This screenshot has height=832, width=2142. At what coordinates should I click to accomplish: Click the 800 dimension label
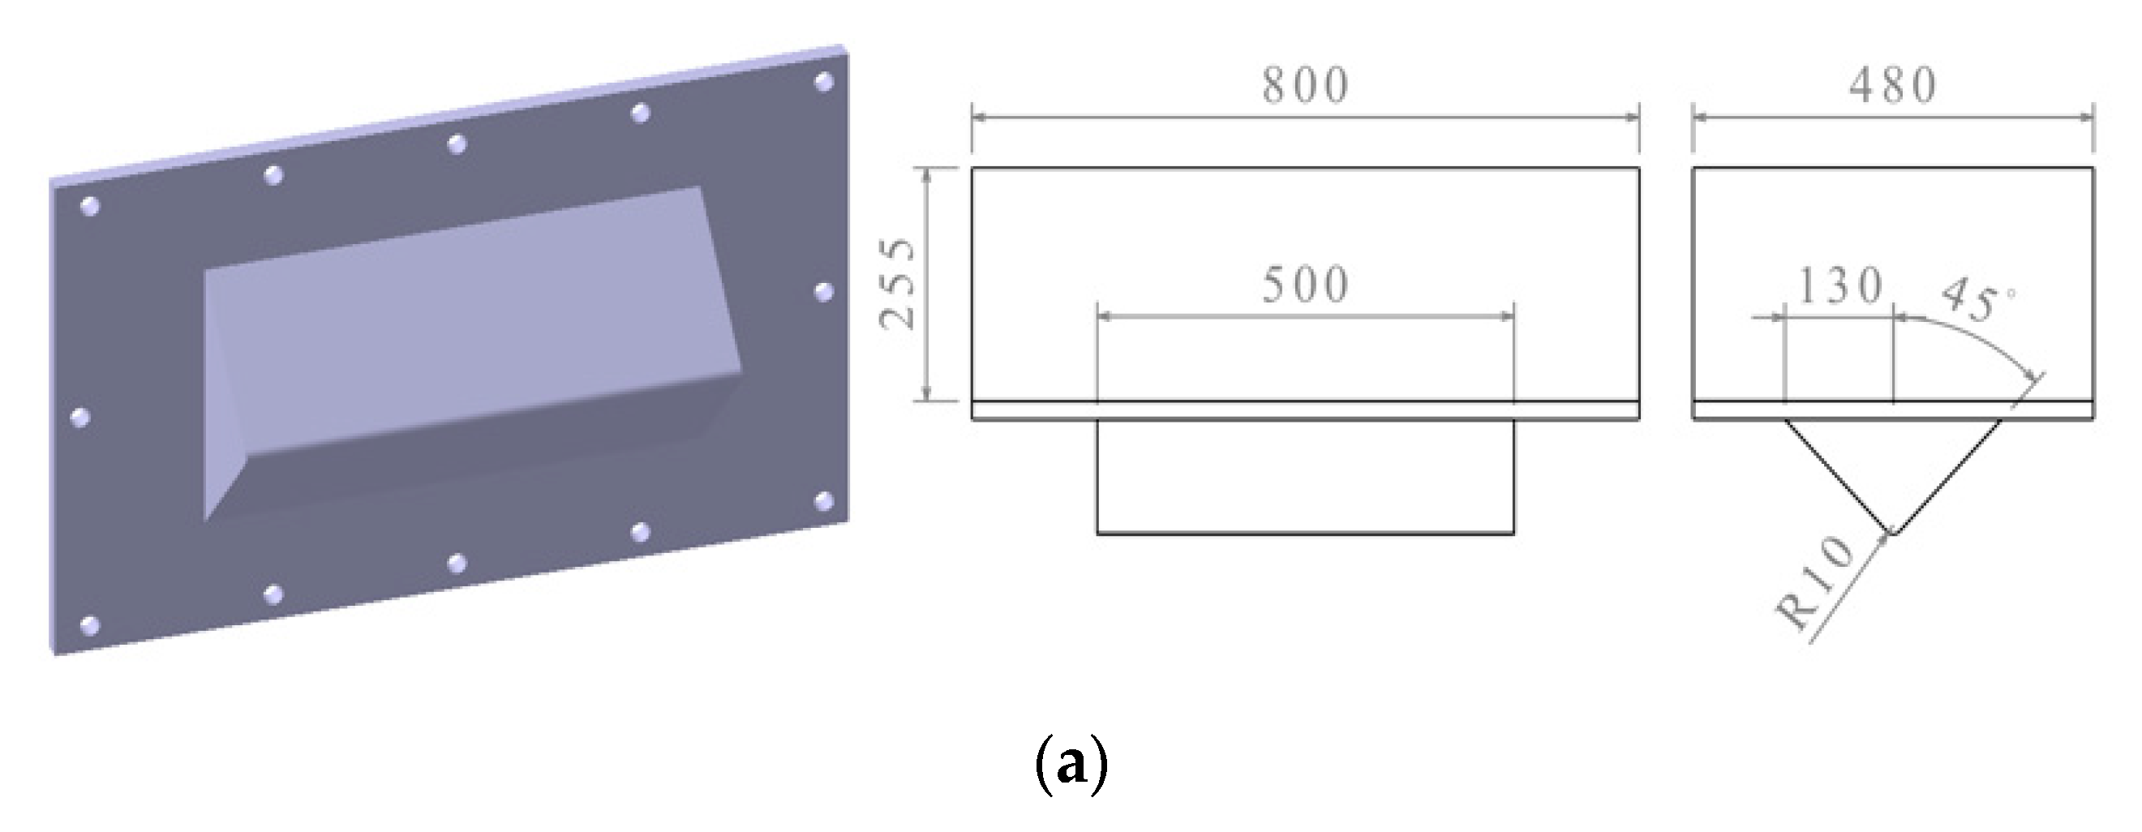click(1305, 87)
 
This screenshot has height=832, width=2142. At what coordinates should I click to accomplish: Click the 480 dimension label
click(1892, 87)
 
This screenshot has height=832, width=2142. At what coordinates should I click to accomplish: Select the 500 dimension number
click(1305, 286)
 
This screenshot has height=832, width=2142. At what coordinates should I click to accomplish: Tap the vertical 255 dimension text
click(899, 285)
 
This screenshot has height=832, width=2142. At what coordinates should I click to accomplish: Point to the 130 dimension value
click(1840, 287)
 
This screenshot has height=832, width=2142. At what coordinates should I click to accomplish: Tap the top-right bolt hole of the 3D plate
click(824, 82)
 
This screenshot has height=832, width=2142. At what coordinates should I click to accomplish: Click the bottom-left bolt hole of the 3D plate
click(90, 625)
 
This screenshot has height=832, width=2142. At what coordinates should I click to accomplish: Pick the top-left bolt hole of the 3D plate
click(90, 206)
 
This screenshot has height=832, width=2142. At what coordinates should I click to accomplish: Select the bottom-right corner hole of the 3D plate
click(824, 501)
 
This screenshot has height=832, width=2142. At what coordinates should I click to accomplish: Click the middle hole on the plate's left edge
click(80, 417)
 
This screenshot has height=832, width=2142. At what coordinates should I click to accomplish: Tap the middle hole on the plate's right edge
click(824, 293)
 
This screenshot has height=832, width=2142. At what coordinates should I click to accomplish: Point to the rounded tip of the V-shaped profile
click(1893, 531)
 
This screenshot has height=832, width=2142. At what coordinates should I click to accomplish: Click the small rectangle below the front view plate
click(1305, 477)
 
